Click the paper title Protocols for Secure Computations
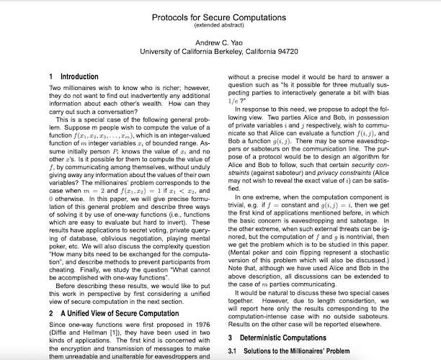tap(220, 14)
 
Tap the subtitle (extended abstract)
tap(220, 24)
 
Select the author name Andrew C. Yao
tap(219, 42)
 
